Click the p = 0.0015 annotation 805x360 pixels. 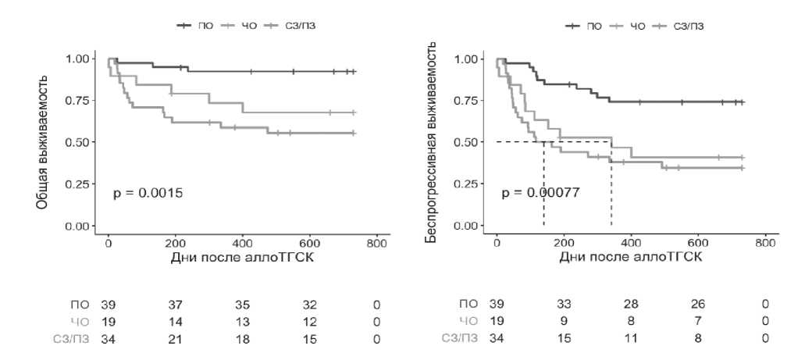tap(148, 192)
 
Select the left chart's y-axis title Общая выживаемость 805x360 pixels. tap(44, 141)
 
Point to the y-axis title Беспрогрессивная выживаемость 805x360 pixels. tap(430, 141)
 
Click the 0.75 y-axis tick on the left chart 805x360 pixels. tap(79, 101)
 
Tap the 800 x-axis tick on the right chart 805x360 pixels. tap(766, 242)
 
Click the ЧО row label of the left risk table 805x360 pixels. tap(80, 320)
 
